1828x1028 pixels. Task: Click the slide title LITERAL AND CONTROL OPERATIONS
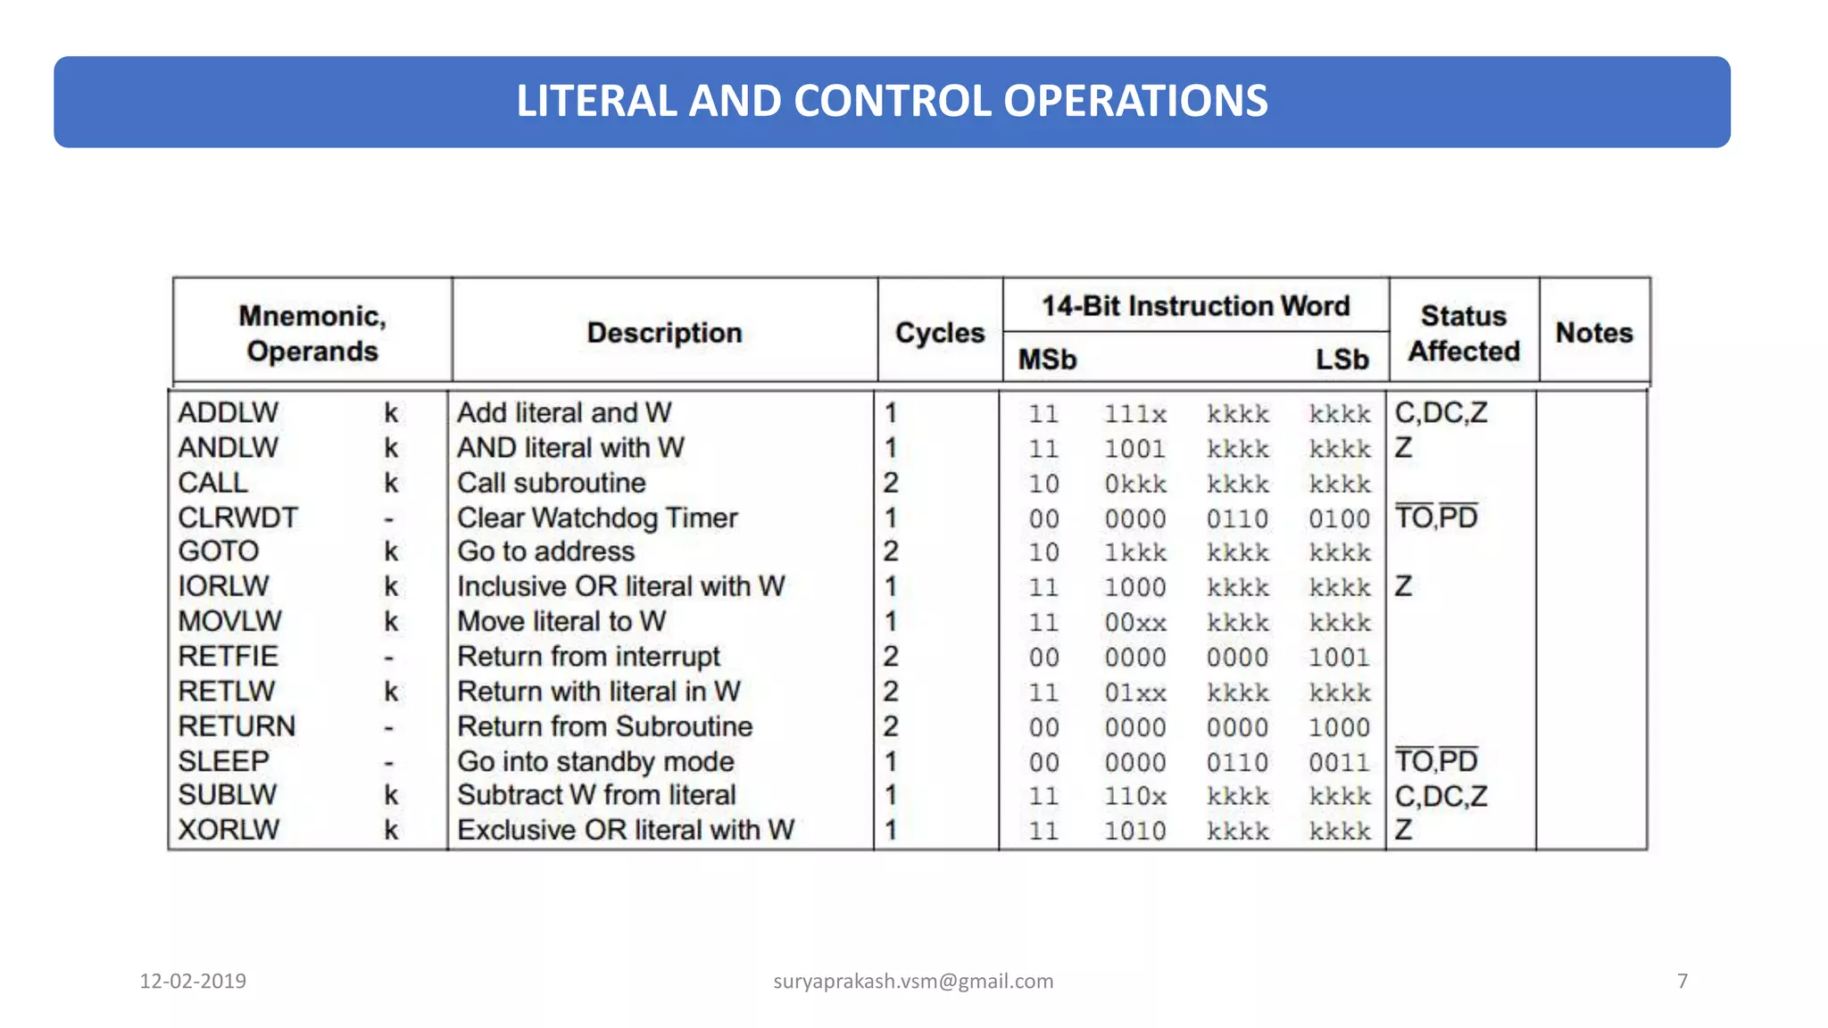(892, 101)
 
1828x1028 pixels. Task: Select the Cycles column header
(940, 333)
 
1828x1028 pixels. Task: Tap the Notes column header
(1594, 333)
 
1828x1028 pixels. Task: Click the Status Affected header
(1464, 334)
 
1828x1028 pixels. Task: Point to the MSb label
(1048, 360)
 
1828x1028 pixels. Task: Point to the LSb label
(1342, 360)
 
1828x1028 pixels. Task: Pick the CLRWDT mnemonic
(238, 518)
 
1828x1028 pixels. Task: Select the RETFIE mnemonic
(228, 657)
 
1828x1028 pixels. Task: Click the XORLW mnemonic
(229, 830)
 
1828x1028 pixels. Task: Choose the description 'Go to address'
(546, 551)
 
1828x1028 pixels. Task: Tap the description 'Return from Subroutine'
(605, 726)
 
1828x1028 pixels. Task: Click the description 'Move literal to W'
(562, 621)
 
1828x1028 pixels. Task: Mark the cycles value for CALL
(891, 483)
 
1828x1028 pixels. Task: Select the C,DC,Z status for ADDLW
(1442, 413)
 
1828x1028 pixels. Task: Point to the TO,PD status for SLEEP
(1437, 761)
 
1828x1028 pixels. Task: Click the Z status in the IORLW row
(1404, 586)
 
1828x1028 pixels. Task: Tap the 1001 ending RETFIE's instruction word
(1339, 658)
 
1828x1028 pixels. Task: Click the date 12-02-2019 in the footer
(193, 982)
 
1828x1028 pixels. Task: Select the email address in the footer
(913, 982)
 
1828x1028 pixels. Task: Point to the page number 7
(1683, 982)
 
